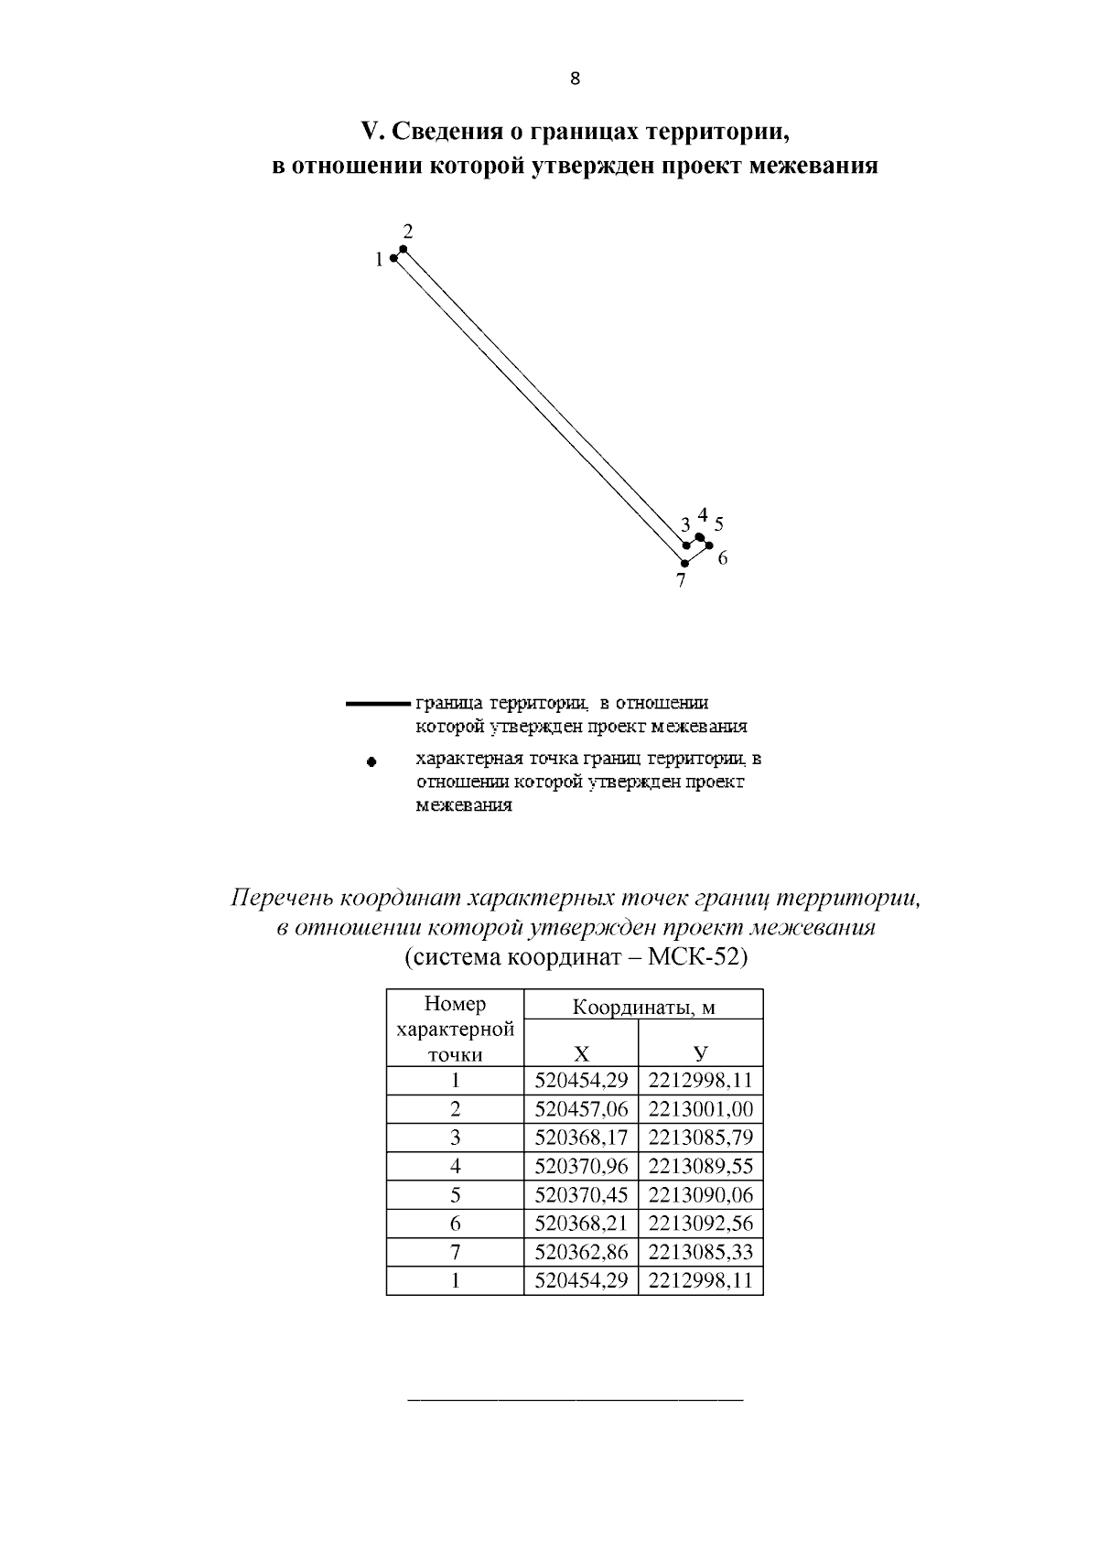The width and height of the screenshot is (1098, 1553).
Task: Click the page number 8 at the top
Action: click(x=575, y=79)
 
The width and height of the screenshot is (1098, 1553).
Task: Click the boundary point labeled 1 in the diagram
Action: click(x=393, y=259)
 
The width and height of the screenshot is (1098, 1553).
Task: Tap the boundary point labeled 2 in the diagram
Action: click(x=403, y=249)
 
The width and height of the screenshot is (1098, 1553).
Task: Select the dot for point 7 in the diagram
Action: click(x=683, y=563)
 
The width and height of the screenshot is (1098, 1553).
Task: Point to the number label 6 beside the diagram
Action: click(x=722, y=557)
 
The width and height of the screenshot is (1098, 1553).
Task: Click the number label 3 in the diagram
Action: click(x=684, y=525)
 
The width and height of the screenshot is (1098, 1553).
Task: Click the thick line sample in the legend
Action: click(x=378, y=704)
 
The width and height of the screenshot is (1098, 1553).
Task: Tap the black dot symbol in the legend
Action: click(x=371, y=760)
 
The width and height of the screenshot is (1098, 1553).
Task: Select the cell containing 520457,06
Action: click(x=581, y=1109)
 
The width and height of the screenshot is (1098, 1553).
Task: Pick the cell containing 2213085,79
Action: click(x=700, y=1138)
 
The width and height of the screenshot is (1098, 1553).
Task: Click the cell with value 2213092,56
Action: click(x=700, y=1224)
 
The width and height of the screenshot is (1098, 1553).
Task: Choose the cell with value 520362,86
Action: click(x=581, y=1252)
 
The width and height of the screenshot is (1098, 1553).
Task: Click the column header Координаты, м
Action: click(x=643, y=1007)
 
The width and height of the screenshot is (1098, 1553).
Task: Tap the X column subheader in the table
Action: click(x=581, y=1052)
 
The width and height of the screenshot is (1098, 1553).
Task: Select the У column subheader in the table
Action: click(x=700, y=1052)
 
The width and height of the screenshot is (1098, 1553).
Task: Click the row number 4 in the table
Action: click(x=455, y=1166)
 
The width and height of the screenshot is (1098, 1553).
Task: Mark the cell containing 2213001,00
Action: click(x=700, y=1109)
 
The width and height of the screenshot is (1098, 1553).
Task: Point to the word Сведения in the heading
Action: click(x=443, y=132)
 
